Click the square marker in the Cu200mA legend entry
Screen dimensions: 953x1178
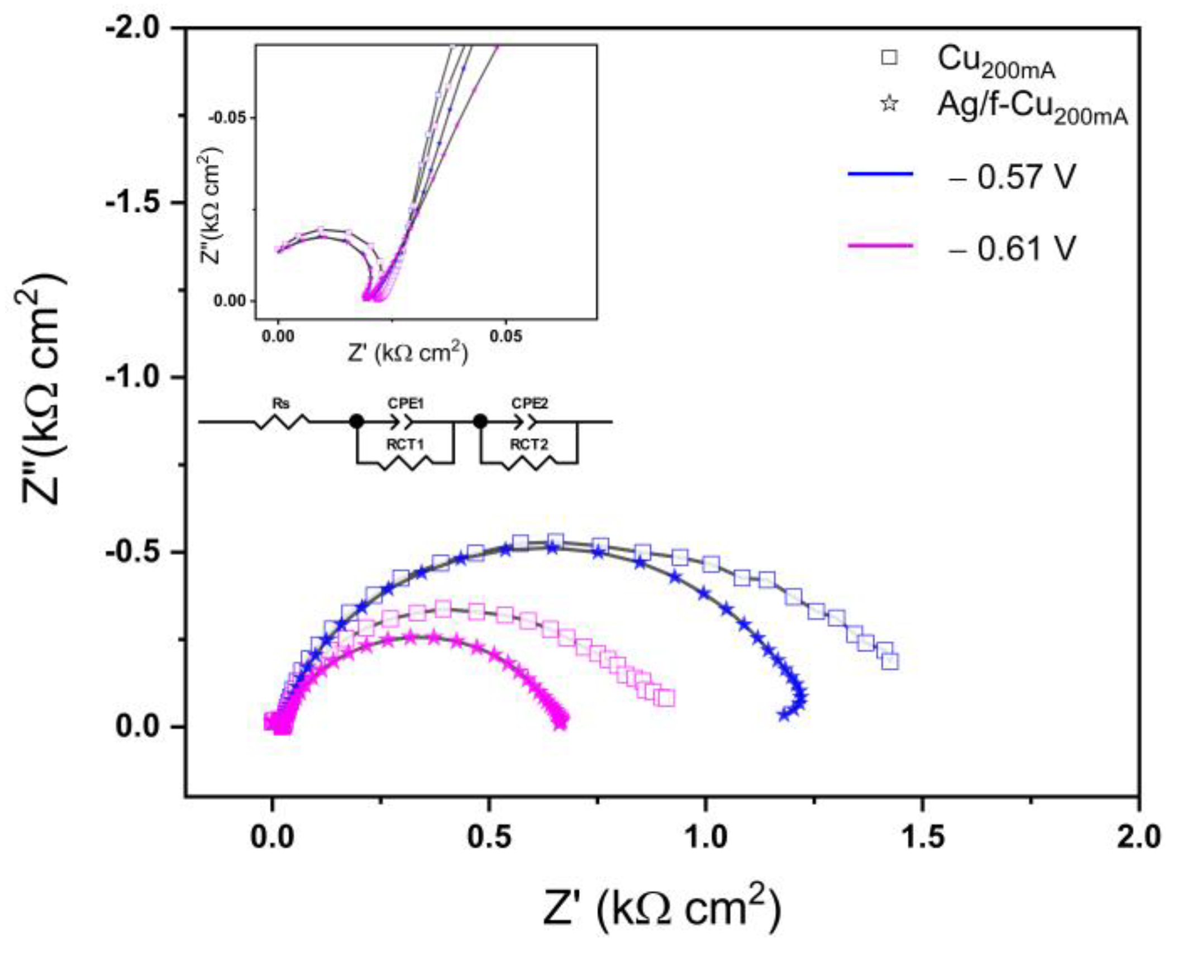point(889,58)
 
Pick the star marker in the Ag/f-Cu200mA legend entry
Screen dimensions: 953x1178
point(889,103)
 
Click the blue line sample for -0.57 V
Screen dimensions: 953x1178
point(880,174)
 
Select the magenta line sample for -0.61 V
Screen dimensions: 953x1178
point(880,246)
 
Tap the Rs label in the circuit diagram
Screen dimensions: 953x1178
point(280,403)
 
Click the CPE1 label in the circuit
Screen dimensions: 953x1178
point(406,403)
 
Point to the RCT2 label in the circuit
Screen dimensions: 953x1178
point(529,445)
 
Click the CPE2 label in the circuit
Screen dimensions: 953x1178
point(530,403)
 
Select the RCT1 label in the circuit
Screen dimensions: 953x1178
point(406,445)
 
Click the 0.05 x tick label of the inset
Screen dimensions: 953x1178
point(506,336)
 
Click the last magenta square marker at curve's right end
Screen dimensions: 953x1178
point(667,698)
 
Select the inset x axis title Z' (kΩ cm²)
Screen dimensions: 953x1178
point(408,352)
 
